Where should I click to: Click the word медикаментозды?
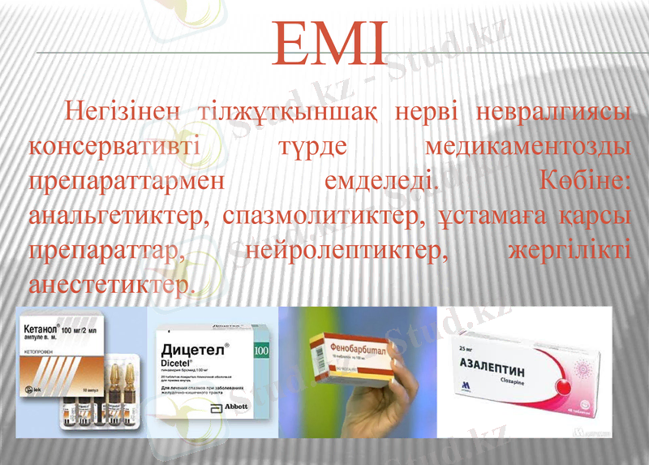(528, 147)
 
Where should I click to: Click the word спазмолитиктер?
(321, 217)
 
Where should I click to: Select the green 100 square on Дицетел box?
(260, 350)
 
